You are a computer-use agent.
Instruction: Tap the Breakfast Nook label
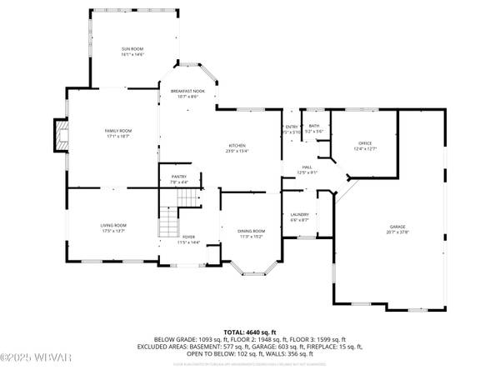click(187, 91)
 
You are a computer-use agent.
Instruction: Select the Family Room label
click(118, 131)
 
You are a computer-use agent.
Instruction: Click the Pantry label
click(179, 177)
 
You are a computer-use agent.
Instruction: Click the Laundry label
click(300, 216)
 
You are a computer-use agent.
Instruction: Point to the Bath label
click(313, 126)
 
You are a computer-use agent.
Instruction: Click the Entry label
click(292, 126)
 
